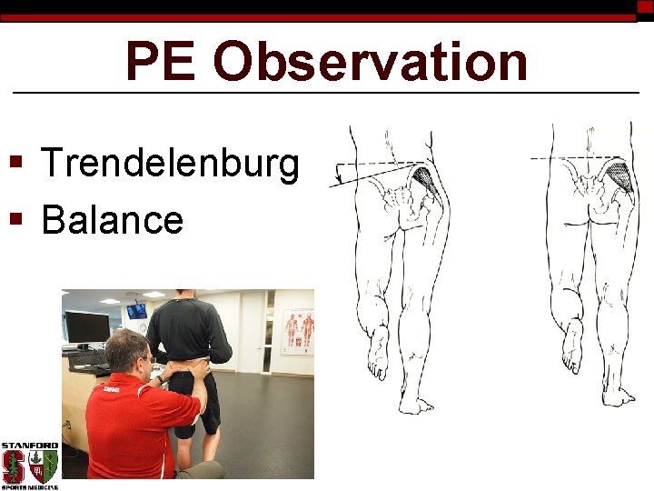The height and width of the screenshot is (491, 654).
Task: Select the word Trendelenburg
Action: click(170, 165)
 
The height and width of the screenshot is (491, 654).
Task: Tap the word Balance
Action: click(113, 219)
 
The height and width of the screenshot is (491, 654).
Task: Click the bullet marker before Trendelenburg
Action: click(15, 165)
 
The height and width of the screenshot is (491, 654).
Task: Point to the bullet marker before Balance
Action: click(15, 219)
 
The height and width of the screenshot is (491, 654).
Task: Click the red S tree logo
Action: click(14, 467)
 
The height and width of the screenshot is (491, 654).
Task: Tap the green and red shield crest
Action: click(43, 467)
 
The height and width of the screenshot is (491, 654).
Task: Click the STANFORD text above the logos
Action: click(29, 446)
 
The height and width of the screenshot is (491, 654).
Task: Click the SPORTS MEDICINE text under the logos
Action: click(29, 487)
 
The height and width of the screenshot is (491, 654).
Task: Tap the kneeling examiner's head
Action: click(127, 351)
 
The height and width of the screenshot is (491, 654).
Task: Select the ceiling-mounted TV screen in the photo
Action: click(136, 311)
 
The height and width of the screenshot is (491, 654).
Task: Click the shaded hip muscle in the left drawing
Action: click(428, 182)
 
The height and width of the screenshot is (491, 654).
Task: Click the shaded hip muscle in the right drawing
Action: click(620, 176)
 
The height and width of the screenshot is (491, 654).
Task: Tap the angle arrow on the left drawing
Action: click(339, 174)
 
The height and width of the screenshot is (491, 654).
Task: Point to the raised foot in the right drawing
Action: click(571, 350)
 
